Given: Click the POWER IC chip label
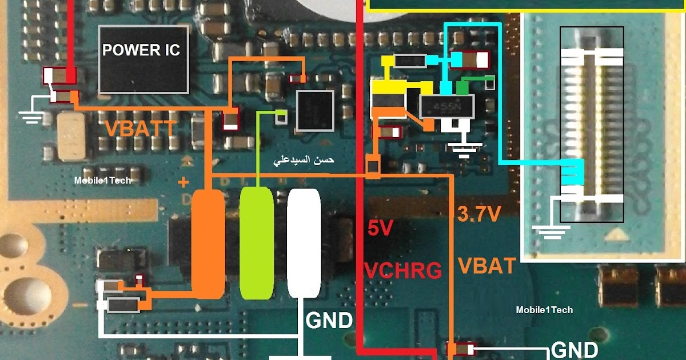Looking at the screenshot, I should [141, 50].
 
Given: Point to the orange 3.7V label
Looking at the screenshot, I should [479, 214].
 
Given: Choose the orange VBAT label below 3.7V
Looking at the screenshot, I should [487, 266].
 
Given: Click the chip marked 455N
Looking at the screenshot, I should [446, 106].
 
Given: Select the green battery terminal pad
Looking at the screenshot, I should [256, 243].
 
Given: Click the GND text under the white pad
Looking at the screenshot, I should [329, 321].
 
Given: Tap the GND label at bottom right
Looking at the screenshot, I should [575, 350].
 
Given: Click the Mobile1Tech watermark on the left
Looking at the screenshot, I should [102, 180].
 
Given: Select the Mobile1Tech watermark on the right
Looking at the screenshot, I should [544, 310].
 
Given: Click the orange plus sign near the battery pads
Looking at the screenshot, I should [184, 183].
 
